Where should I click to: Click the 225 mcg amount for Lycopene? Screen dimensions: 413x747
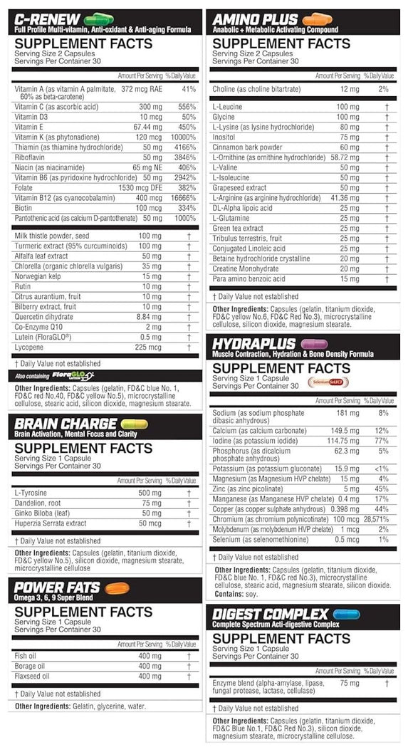pos(151,348)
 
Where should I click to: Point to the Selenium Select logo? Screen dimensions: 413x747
pos(328,382)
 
